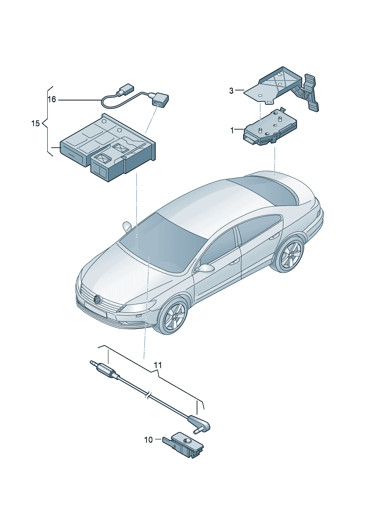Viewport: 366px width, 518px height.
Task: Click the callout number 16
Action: pos(52,100)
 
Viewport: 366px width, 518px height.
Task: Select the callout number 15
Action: pos(35,123)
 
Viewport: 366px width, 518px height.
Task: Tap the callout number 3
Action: pos(231,91)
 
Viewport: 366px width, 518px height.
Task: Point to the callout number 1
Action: pos(232,130)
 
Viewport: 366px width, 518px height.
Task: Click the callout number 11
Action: pos(158,365)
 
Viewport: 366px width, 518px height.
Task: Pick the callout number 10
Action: pos(148,440)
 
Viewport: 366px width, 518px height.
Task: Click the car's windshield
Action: pos(160,240)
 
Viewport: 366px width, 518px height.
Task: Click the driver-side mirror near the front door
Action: pos(205,268)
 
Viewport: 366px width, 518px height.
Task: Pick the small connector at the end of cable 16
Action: pos(125,89)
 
